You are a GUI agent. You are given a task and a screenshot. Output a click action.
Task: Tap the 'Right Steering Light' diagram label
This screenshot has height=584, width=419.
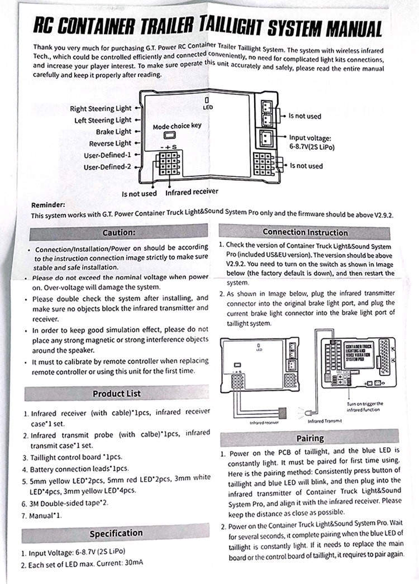pos(101,108)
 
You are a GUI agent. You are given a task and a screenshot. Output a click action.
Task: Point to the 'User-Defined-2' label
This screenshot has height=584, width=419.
pos(107,166)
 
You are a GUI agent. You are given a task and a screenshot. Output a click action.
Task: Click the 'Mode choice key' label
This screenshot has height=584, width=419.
pos(177,126)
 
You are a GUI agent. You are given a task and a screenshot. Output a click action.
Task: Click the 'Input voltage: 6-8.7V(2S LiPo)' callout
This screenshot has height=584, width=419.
pos(311,142)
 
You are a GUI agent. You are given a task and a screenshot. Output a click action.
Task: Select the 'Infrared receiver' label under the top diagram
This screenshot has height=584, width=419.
pos(192,193)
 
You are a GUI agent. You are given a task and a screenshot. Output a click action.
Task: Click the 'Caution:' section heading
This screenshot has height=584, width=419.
pos(118,232)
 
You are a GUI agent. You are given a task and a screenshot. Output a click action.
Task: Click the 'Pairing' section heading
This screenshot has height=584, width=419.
pos(310,438)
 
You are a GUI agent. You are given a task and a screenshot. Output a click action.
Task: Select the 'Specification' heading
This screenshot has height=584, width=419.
pos(116,533)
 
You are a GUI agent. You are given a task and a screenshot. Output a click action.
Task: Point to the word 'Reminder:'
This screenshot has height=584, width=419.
pos(49,205)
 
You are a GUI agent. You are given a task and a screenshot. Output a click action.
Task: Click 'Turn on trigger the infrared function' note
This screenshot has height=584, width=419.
pos(365,406)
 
